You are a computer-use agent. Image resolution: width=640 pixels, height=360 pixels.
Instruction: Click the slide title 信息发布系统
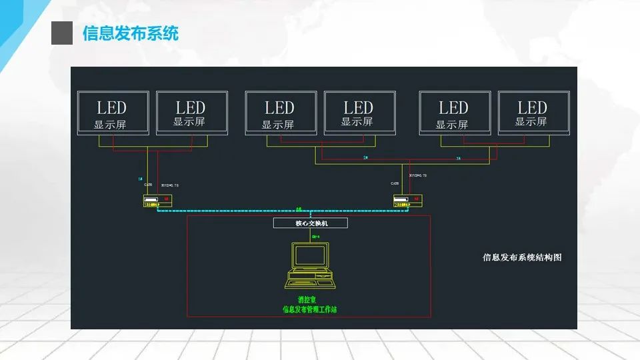point(131,33)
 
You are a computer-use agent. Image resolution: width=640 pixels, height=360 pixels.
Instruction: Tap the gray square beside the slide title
point(62,33)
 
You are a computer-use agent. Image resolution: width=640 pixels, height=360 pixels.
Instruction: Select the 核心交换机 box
point(310,223)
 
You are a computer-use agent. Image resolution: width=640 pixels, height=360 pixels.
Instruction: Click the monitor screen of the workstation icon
point(311,257)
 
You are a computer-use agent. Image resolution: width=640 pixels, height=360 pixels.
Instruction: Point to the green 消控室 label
point(309,299)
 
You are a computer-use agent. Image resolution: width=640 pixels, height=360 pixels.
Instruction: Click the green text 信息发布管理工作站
point(309,309)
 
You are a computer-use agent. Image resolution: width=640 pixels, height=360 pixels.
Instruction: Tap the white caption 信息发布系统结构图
point(522,257)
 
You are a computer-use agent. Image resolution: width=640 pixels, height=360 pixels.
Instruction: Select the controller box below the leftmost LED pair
point(157,200)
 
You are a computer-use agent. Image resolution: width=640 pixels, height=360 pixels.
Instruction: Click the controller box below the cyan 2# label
point(407,200)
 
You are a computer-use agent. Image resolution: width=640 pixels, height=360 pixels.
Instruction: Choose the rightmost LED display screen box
point(533,113)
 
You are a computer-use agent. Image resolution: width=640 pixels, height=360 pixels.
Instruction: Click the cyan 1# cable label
point(140,179)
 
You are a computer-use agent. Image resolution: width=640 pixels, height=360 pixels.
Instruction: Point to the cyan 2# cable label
point(365,157)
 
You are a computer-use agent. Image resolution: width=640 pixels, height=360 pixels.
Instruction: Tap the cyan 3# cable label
point(459,159)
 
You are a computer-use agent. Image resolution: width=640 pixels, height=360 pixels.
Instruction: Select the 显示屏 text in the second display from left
point(189,122)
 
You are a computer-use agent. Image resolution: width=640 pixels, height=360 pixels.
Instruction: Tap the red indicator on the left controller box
point(167,199)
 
